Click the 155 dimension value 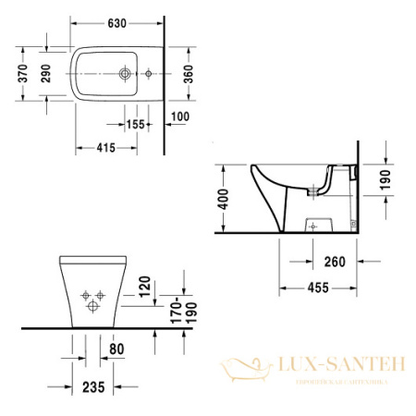[x=136, y=125]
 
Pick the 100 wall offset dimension [x=179, y=116]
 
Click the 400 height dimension [x=220, y=198]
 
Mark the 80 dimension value [x=115, y=349]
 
